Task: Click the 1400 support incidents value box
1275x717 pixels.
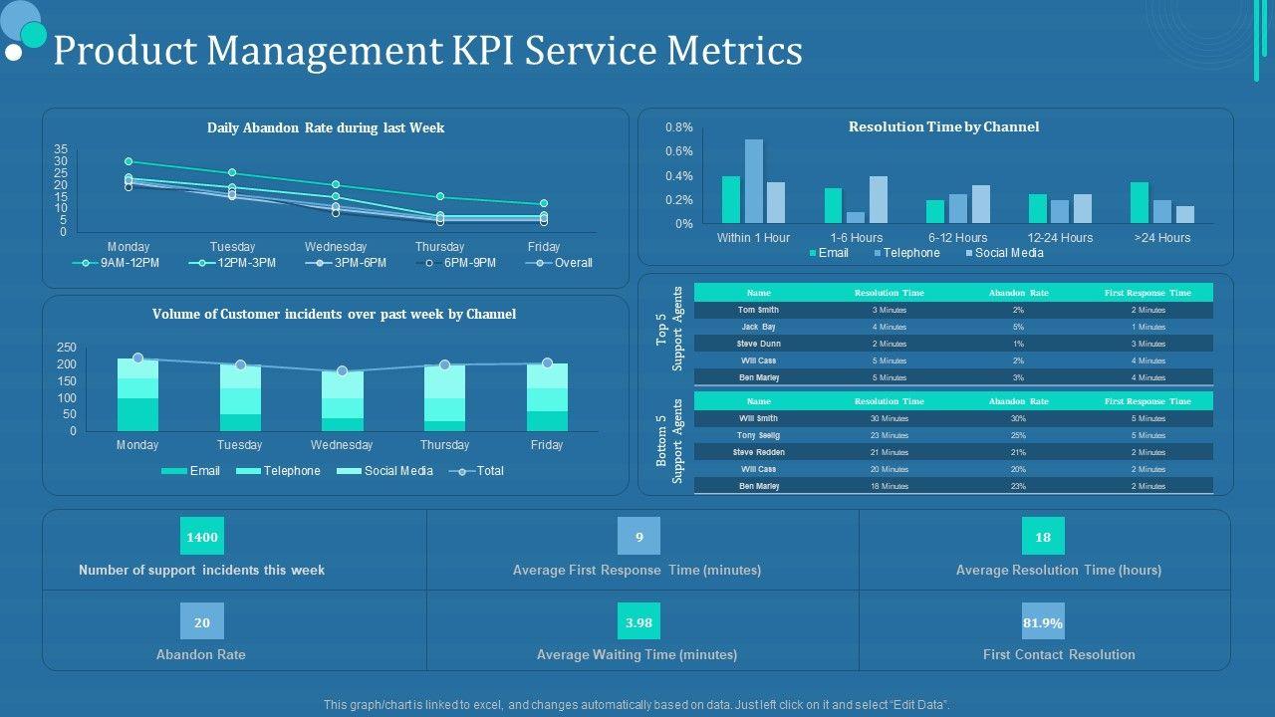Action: tap(202, 537)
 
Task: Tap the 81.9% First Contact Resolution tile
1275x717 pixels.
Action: tap(1043, 621)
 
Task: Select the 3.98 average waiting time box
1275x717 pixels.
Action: tap(638, 621)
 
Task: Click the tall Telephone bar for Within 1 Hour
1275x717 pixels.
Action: tap(754, 181)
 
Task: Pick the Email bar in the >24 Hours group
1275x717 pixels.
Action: tap(1140, 202)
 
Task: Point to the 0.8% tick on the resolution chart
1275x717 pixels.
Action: tap(679, 127)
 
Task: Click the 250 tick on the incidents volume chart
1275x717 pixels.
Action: tap(67, 348)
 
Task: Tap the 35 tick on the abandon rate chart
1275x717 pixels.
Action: tap(61, 149)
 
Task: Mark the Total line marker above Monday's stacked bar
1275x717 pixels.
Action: tap(137, 358)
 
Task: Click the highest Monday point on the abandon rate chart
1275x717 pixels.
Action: tap(128, 161)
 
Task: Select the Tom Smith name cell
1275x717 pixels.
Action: tap(758, 310)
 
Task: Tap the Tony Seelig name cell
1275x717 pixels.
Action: tap(758, 435)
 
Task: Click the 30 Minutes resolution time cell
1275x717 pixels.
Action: tap(890, 418)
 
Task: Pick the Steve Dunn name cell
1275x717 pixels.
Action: tap(758, 344)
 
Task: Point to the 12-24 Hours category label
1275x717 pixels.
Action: tap(1060, 238)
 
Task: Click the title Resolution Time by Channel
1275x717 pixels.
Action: tap(943, 126)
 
